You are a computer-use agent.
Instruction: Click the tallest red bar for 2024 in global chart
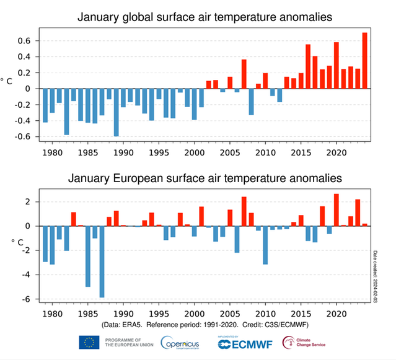coord(364,60)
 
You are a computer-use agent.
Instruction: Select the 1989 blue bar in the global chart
coord(117,112)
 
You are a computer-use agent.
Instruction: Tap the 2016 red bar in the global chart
coord(308,66)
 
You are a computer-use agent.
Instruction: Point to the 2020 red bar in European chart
coord(337,210)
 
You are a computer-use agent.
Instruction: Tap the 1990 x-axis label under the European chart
coord(123,314)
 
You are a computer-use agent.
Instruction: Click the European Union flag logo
coord(89,342)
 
